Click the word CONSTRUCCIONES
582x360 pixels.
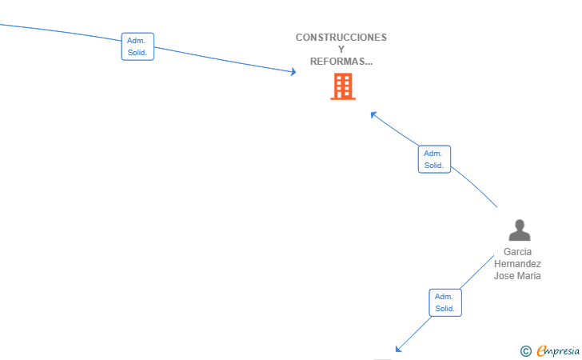click(x=341, y=38)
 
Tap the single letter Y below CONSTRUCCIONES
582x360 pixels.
click(x=341, y=50)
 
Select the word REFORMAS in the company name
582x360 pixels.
click(x=337, y=62)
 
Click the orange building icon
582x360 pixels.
click(x=343, y=86)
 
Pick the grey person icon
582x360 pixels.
click(x=520, y=230)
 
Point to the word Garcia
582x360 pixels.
click(x=517, y=252)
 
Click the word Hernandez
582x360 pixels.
click(x=517, y=264)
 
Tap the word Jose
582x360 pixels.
click(x=503, y=276)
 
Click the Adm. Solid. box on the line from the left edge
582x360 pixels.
click(x=138, y=46)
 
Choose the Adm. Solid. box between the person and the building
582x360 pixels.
click(x=434, y=159)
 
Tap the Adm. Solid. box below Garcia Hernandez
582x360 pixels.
click(x=445, y=302)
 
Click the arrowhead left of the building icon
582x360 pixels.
click(x=293, y=72)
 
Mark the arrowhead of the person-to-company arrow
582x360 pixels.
click(x=373, y=114)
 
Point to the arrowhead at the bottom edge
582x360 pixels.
click(x=398, y=349)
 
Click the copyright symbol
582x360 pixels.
click(x=526, y=350)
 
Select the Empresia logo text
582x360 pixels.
click(x=558, y=350)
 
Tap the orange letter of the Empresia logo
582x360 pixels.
click(x=541, y=350)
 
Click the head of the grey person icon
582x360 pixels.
click(x=520, y=224)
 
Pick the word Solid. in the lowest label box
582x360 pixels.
click(x=445, y=309)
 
